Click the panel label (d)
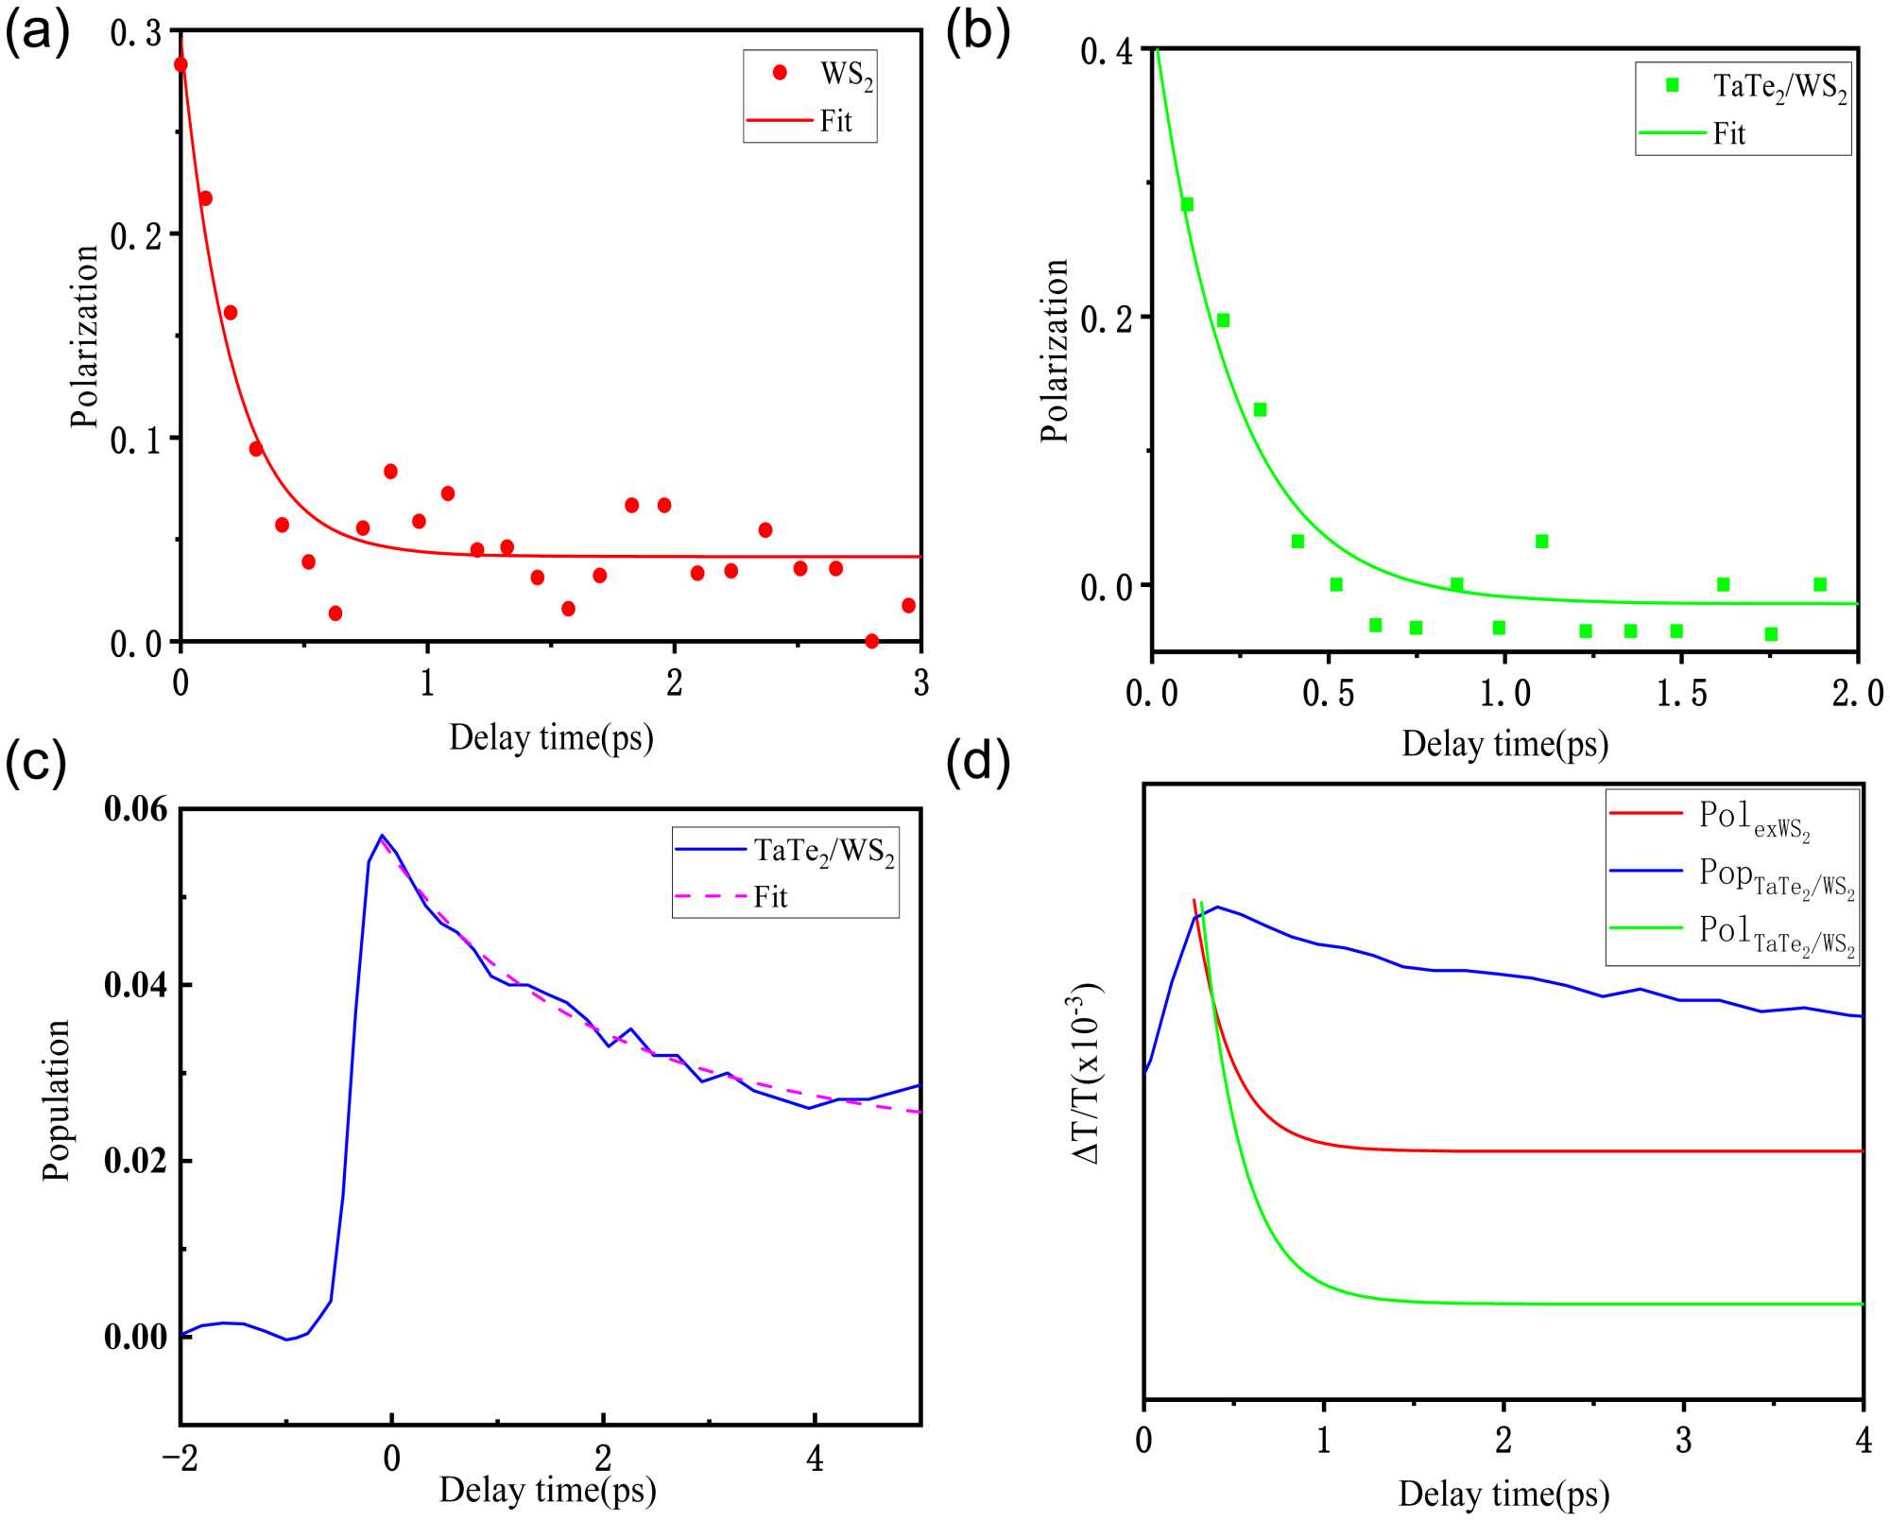pyautogui.click(x=978, y=761)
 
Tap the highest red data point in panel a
pyautogui.click(x=180, y=64)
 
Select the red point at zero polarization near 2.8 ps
pyautogui.click(x=871, y=641)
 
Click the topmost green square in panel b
pyautogui.click(x=1187, y=204)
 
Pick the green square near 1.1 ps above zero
pyautogui.click(x=1541, y=541)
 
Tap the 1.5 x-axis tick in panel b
pyautogui.click(x=1681, y=694)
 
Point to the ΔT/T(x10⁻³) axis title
pyautogui.click(x=1087, y=1073)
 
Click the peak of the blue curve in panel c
pyautogui.click(x=382, y=836)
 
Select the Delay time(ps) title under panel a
pyautogui.click(x=551, y=737)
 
